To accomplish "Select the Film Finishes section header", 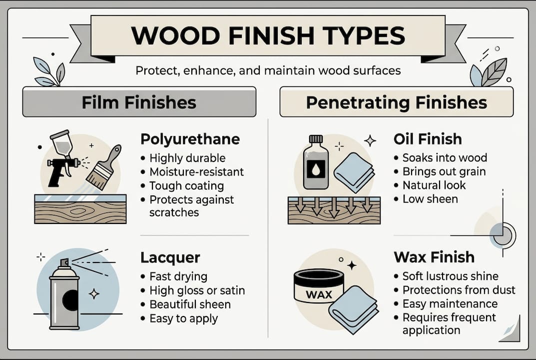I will pyautogui.click(x=139, y=102).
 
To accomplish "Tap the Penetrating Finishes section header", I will pyautogui.click(x=396, y=102).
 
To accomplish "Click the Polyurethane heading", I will pyautogui.click(x=190, y=138).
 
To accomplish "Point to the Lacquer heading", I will pyautogui.click(x=170, y=257).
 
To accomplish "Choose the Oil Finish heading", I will pyautogui.click(x=428, y=138).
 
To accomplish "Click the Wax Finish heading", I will pyautogui.click(x=434, y=257).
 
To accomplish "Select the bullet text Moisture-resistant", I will pyautogui.click(x=196, y=172).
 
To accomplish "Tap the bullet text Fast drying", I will pyautogui.click(x=178, y=276).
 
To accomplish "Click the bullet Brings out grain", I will pyautogui.click(x=444, y=171).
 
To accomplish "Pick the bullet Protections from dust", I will pyautogui.click(x=459, y=290).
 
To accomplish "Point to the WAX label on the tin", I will pyautogui.click(x=319, y=294).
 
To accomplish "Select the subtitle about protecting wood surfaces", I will pyautogui.click(x=268, y=70).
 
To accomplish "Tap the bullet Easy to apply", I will pyautogui.click(x=183, y=318).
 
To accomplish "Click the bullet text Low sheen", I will pyautogui.click(x=430, y=199).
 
